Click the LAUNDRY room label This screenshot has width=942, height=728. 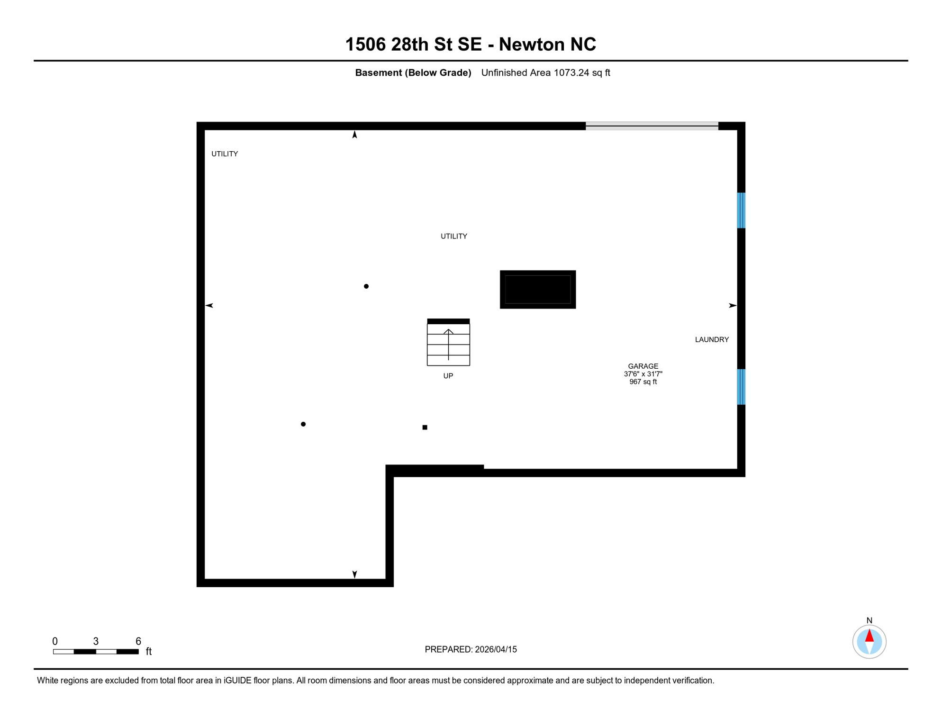[712, 339]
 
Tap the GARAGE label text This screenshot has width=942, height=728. [643, 366]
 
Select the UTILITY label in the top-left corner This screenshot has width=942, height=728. [225, 154]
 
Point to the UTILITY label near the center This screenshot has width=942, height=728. [454, 236]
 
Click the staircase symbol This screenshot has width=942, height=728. [448, 343]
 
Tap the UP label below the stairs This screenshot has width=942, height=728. [448, 376]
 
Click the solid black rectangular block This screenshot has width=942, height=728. [538, 290]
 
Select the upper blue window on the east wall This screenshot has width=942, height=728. [741, 210]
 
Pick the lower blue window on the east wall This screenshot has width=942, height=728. [741, 387]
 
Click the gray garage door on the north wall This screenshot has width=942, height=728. [652, 126]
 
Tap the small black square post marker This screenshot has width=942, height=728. [425, 428]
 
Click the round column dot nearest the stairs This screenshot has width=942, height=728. [366, 286]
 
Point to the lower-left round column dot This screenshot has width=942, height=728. [303, 424]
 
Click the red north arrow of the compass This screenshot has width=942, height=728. [870, 636]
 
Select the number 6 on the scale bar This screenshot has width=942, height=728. [138, 641]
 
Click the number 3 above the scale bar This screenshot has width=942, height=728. [96, 641]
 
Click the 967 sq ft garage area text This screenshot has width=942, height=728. [643, 382]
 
